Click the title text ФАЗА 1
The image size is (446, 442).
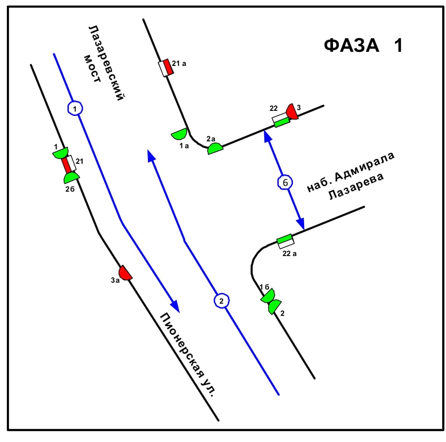pyautogui.click(x=363, y=45)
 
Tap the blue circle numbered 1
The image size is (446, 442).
pyautogui.click(x=75, y=109)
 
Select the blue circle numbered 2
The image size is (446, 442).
pyautogui.click(x=222, y=301)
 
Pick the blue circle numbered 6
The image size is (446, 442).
pyautogui.click(x=285, y=183)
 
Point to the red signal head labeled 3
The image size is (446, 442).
pyautogui.click(x=292, y=111)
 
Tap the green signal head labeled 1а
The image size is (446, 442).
pyautogui.click(x=179, y=134)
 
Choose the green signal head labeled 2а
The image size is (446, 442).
pyautogui.click(x=215, y=149)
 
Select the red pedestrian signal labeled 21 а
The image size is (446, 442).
pyautogui.click(x=168, y=67)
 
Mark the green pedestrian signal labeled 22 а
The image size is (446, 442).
pyautogui.click(x=284, y=239)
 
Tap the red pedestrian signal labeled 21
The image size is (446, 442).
pyautogui.click(x=66, y=165)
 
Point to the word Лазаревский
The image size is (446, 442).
pyautogui.click(x=106, y=63)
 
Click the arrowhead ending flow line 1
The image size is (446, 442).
pyautogui.click(x=175, y=306)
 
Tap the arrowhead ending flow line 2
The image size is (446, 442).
pyautogui.click(x=152, y=155)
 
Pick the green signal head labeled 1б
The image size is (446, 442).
pyautogui.click(x=268, y=296)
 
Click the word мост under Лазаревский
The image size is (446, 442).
pyautogui.click(x=92, y=69)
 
